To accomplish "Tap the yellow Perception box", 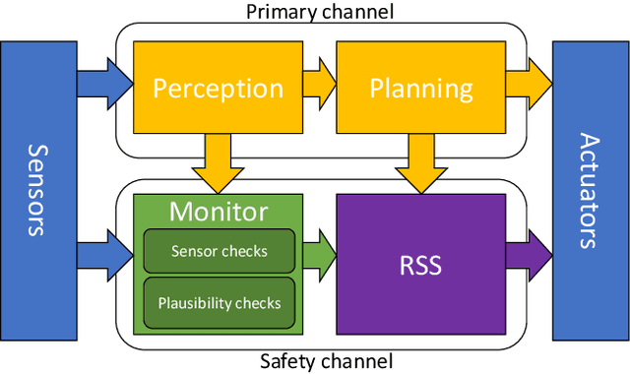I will [x=217, y=89].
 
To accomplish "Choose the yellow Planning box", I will [x=421, y=89].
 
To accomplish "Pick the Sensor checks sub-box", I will [x=219, y=251].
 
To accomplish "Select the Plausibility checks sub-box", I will [x=219, y=303].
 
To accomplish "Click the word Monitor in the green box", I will [x=219, y=211].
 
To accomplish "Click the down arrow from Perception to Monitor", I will [x=218, y=161].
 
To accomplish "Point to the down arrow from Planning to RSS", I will [x=421, y=161].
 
